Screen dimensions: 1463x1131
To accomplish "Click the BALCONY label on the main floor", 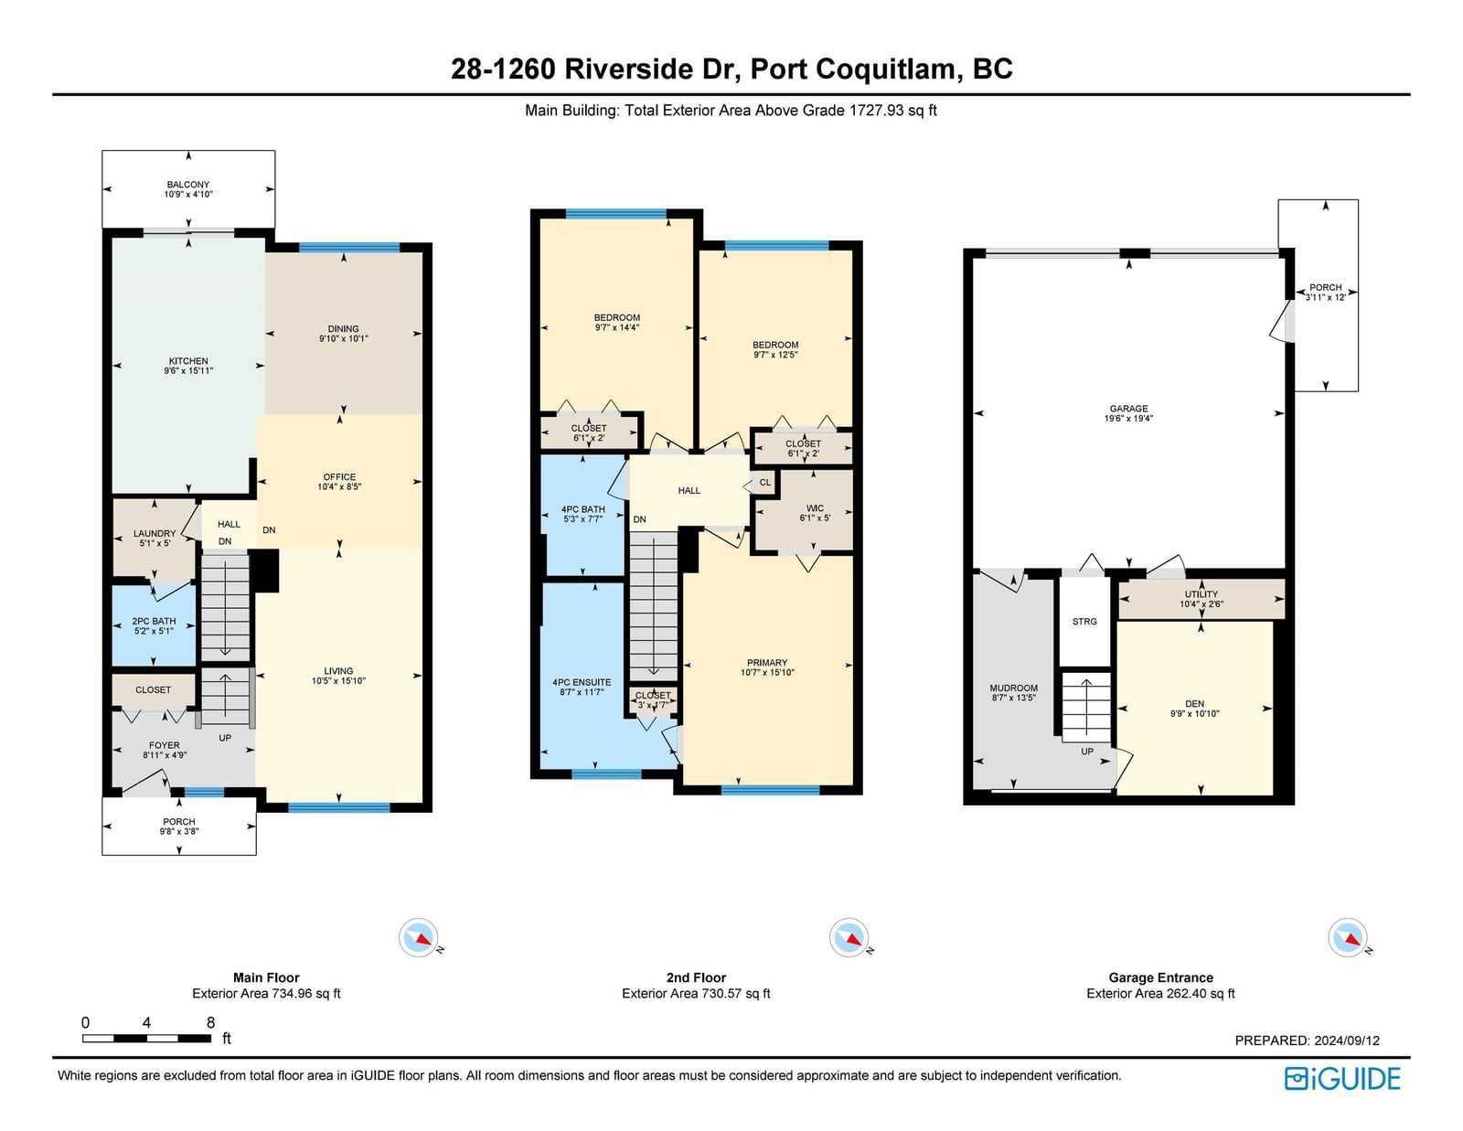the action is click(x=187, y=185).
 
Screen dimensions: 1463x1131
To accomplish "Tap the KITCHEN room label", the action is click(x=188, y=361).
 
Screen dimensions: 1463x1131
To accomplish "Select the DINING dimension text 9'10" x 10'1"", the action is click(x=344, y=338).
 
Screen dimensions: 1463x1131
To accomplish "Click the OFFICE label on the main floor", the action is click(x=339, y=476).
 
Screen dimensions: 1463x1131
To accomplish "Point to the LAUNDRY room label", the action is click(x=155, y=533).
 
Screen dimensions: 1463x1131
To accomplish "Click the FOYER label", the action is click(x=165, y=745).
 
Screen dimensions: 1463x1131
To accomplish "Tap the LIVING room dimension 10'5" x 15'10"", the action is click(x=338, y=680).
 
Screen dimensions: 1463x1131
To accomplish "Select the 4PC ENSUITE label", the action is click(x=582, y=682).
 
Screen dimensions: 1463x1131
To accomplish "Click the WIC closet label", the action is click(x=815, y=508).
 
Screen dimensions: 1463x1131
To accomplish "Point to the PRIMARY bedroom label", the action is click(x=767, y=663).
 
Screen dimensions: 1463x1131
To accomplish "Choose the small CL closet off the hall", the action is click(x=764, y=482).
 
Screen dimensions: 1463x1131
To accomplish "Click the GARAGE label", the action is click(x=1128, y=409).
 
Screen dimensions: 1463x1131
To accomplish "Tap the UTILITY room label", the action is click(x=1201, y=594).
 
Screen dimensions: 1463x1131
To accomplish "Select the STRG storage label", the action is click(x=1084, y=622).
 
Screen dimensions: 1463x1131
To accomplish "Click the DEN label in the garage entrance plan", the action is click(x=1194, y=703).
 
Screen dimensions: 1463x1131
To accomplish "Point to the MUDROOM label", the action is click(x=1013, y=688).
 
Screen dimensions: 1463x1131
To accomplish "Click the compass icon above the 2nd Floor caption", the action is click(x=849, y=937).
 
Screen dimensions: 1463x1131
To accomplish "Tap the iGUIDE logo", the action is click(x=1341, y=1079).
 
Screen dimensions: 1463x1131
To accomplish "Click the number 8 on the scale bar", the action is click(x=210, y=1022).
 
